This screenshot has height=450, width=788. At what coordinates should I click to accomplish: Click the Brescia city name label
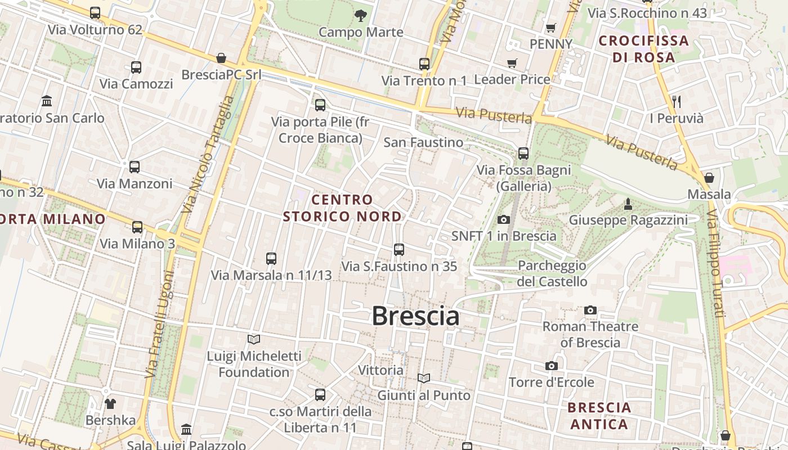415,316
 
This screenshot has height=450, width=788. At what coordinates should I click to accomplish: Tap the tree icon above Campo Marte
361,16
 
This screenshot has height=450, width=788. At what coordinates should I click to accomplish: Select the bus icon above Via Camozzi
136,67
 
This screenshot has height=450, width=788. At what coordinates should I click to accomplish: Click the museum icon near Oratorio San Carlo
47,101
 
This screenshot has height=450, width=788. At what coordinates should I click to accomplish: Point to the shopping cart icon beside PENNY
551,28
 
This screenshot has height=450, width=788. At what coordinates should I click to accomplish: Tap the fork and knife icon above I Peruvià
677,102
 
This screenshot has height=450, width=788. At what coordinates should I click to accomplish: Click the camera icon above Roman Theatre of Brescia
590,310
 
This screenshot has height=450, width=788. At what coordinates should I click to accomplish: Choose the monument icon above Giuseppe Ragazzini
628,203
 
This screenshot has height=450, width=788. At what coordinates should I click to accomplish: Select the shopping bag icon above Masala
709,178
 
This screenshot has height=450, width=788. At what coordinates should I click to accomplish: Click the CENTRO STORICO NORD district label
342,208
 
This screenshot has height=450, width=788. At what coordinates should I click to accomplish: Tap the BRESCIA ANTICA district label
599,415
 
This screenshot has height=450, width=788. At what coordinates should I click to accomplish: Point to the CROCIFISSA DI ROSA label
643,49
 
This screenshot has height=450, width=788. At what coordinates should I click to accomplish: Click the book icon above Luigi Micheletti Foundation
254,339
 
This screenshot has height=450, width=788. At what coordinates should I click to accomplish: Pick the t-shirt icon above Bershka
110,403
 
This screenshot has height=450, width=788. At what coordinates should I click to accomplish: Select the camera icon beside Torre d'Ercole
552,366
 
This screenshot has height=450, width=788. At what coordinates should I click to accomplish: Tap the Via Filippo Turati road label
715,263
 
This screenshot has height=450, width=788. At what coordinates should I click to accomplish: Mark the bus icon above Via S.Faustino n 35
399,249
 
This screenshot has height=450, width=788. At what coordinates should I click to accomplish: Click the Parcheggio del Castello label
552,273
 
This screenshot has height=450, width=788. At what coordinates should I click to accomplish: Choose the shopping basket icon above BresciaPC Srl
221,58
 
